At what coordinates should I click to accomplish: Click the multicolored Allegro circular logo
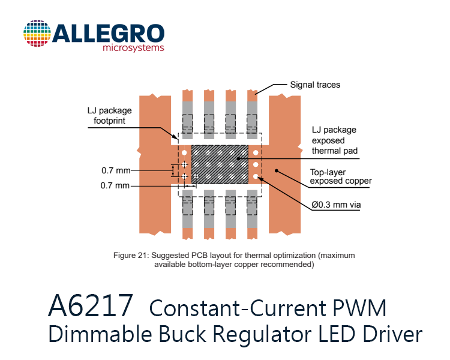point(37,33)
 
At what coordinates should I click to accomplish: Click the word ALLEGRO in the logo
point(108,34)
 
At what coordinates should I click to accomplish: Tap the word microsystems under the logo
point(133,47)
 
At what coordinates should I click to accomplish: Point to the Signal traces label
point(315,85)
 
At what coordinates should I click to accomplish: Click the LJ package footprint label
point(109,115)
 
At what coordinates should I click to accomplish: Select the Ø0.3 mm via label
point(336,205)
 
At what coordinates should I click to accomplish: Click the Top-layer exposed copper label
point(341,176)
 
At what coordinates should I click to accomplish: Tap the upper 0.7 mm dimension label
point(116,170)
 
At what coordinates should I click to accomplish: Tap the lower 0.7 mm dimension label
point(115,185)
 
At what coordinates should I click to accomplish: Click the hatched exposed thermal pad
point(220,164)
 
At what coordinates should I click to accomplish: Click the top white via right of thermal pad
point(256,153)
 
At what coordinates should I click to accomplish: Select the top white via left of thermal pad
point(184,153)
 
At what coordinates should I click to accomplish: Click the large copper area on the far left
point(155,164)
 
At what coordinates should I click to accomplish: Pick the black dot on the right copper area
point(277,171)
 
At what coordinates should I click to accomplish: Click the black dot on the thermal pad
point(238,158)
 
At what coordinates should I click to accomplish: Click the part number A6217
point(91,306)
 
